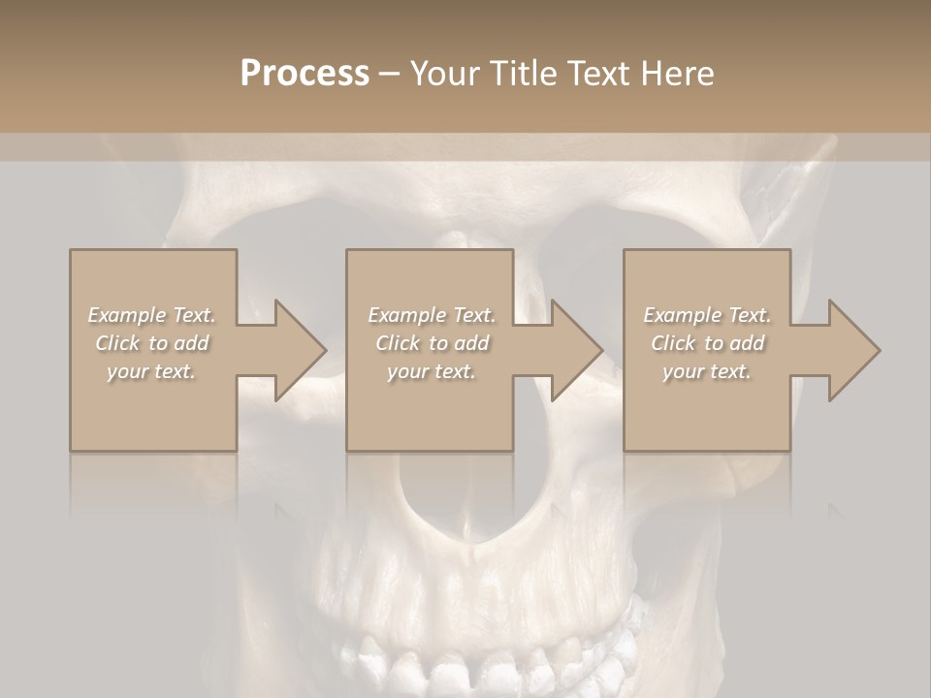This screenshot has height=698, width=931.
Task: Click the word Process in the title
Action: [x=305, y=74]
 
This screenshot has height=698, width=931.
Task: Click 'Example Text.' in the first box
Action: [x=152, y=315]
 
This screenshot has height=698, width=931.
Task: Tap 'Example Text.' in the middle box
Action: [x=432, y=315]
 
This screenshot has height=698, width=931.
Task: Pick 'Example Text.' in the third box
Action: [x=707, y=315]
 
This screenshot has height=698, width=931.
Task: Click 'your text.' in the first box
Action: [x=152, y=371]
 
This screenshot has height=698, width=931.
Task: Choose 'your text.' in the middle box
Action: [x=432, y=371]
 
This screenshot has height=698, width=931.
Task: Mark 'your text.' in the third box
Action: [x=707, y=371]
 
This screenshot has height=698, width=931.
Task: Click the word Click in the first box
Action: [x=116, y=343]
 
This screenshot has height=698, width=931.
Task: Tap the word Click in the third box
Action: [x=673, y=343]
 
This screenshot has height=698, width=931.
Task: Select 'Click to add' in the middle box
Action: [x=432, y=343]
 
